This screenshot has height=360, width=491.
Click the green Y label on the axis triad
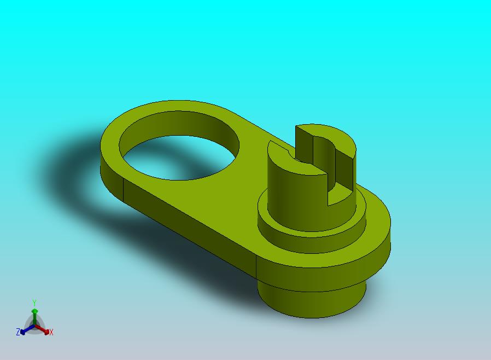(x=34, y=303)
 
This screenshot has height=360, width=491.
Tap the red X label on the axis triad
(x=51, y=333)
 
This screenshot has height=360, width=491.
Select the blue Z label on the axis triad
(x=18, y=332)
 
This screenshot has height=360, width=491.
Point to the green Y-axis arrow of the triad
(x=35, y=317)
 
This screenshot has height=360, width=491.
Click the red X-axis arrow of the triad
(x=42, y=329)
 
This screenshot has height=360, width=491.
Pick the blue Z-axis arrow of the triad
(x=27, y=329)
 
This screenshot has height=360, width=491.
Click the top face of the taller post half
(x=332, y=135)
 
